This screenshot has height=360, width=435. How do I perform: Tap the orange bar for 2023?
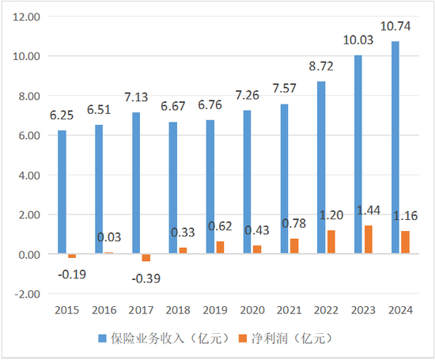369,240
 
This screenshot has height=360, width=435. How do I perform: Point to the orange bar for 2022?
332,242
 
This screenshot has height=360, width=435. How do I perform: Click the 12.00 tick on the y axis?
26,17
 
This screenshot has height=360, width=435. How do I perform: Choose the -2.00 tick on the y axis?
26,294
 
